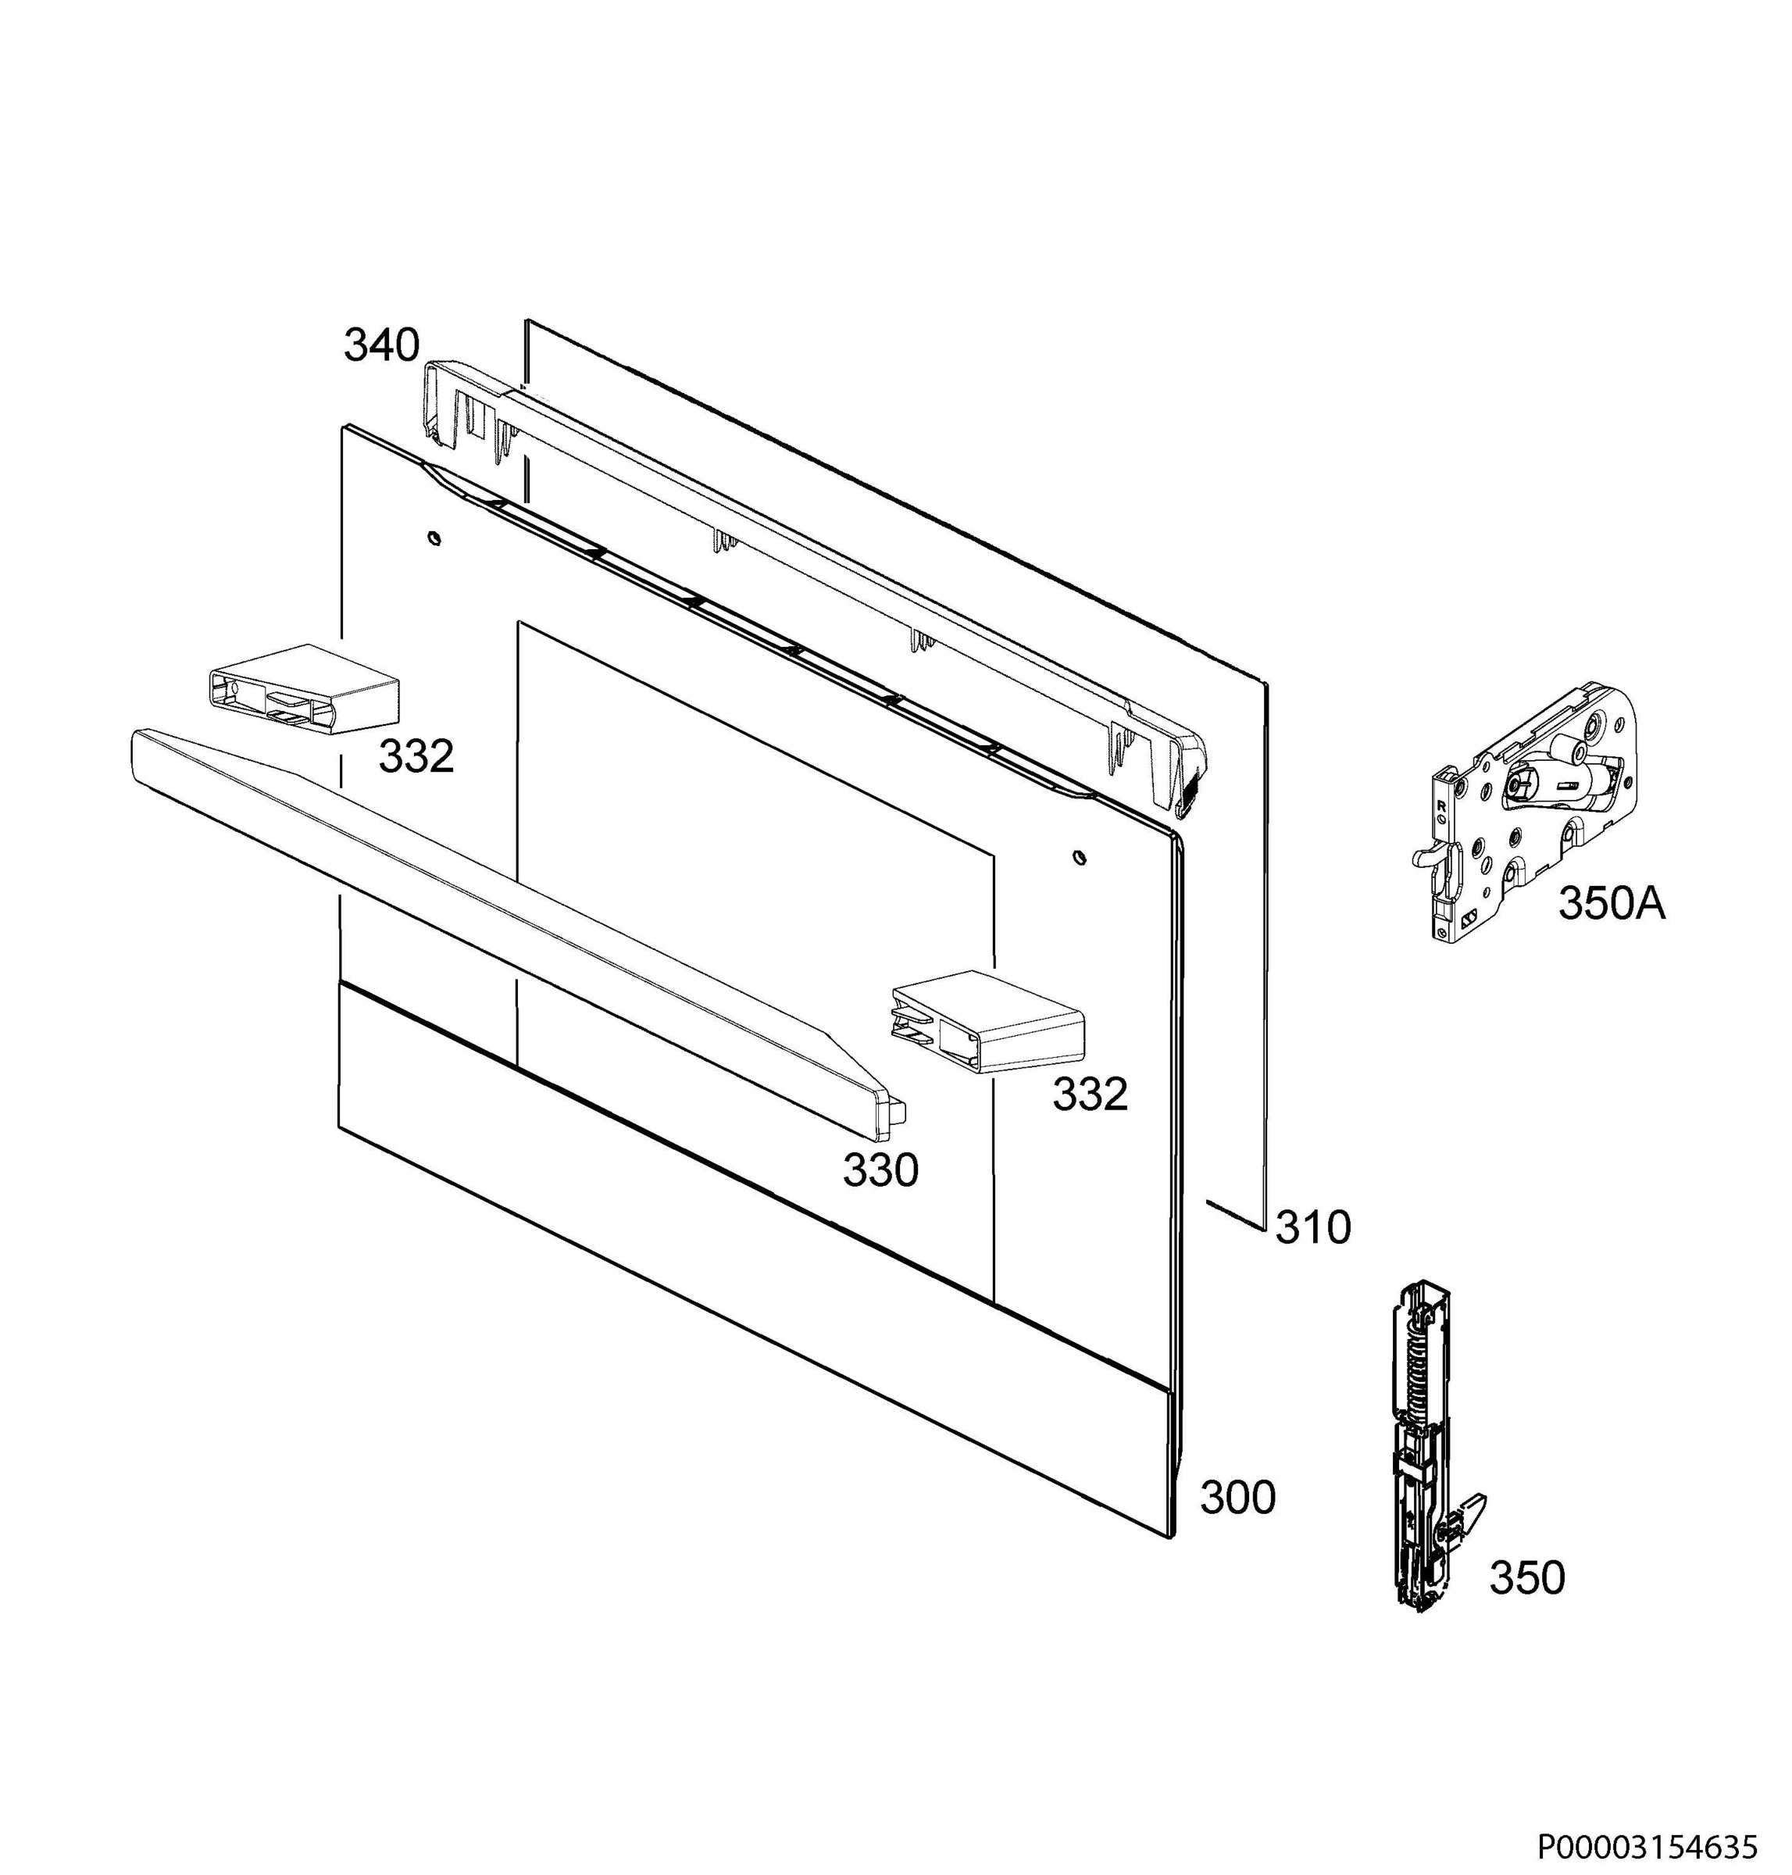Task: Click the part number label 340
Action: coord(382,345)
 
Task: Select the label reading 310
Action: coord(1313,1227)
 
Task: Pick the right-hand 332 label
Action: coord(1090,1095)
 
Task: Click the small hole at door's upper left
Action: coord(434,539)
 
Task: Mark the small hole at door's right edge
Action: coord(1079,857)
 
